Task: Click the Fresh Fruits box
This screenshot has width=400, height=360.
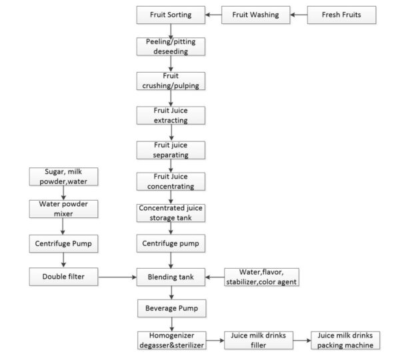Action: pos(343,13)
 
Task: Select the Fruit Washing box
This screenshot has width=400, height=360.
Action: pos(256,13)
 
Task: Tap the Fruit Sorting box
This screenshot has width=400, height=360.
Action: pos(171,13)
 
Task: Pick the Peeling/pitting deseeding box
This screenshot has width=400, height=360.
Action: pos(171,47)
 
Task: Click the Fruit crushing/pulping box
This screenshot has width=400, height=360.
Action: pos(171,81)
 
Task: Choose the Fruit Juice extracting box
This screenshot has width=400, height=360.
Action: pos(171,115)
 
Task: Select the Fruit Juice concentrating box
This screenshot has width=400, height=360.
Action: pos(171,181)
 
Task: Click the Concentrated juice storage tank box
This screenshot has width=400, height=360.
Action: pos(171,212)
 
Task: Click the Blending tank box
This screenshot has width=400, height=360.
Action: pos(171,275)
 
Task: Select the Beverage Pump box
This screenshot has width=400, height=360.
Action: pos(171,308)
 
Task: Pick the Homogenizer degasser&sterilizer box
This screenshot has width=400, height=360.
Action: pos(171,340)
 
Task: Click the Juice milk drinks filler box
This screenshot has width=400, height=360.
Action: pos(256,340)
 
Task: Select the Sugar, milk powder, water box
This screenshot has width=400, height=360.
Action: pos(63,177)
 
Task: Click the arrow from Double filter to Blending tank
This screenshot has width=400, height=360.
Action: pos(116,275)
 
